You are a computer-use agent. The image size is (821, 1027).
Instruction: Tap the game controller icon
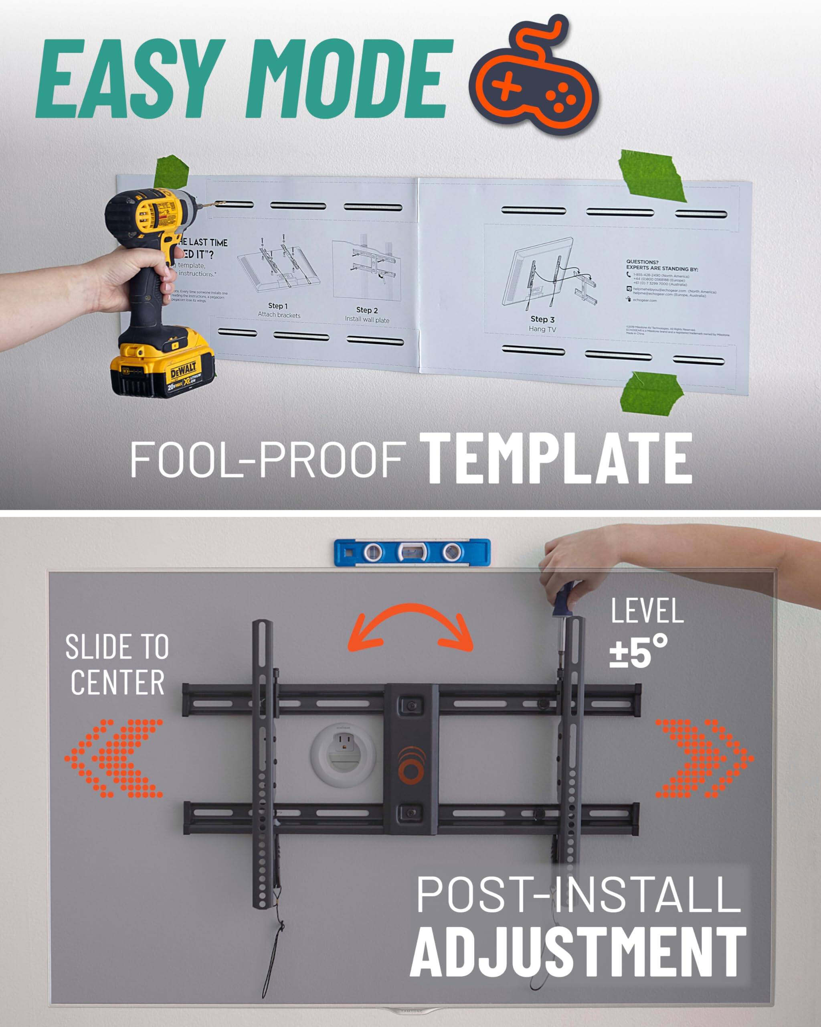[533, 79]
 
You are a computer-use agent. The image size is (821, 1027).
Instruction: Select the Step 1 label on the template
[278, 306]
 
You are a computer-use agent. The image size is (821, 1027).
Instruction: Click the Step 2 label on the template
[367, 310]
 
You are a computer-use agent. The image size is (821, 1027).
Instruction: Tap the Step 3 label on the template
[542, 319]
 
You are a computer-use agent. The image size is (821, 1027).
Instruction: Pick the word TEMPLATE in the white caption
[557, 458]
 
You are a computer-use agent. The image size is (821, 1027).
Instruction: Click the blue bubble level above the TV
[412, 552]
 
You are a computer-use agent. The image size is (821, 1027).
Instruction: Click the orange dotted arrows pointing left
[114, 758]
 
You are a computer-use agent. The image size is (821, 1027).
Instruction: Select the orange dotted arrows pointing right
[704, 758]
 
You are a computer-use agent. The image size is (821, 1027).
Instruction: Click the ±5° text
[639, 651]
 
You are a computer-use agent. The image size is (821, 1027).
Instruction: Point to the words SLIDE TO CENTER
[117, 664]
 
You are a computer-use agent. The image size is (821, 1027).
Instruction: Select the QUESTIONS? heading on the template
[642, 262]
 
